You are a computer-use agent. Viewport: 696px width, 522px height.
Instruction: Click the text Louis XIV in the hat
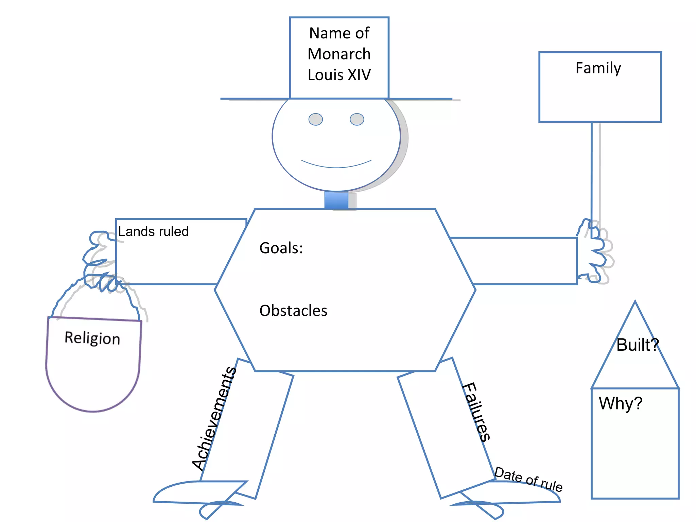click(x=339, y=75)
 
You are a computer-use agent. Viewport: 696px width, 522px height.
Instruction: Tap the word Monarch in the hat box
click(x=339, y=54)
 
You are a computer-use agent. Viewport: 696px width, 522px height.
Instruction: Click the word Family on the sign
click(x=598, y=68)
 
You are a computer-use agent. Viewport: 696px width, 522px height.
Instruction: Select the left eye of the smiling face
click(x=315, y=119)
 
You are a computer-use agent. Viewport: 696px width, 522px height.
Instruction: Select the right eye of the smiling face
click(x=357, y=119)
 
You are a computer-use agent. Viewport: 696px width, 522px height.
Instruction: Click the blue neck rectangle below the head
click(x=336, y=200)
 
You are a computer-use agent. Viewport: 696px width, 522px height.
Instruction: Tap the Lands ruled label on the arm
click(x=153, y=231)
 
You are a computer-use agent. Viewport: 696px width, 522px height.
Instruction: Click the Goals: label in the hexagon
click(x=281, y=248)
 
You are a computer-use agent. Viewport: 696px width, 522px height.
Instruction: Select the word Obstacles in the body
click(x=293, y=311)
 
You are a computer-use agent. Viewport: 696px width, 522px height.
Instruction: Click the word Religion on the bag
click(x=92, y=338)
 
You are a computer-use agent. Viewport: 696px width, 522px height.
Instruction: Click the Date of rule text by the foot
click(x=528, y=480)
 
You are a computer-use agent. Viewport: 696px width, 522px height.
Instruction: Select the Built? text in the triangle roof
click(x=638, y=345)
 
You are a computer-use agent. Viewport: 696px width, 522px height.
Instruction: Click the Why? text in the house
click(x=621, y=403)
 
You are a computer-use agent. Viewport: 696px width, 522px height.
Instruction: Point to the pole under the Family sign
click(x=592, y=170)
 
